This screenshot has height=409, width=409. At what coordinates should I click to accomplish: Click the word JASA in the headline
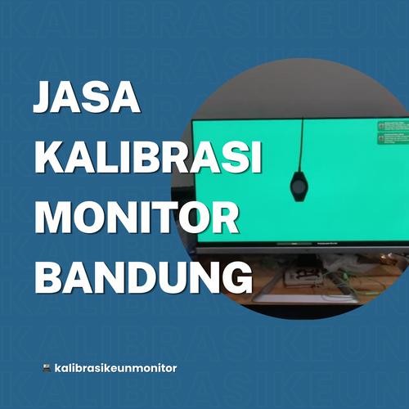coord(87,100)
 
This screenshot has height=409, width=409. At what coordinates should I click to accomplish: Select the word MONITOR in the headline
coord(138,216)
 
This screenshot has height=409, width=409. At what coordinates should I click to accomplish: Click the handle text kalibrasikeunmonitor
coord(115,367)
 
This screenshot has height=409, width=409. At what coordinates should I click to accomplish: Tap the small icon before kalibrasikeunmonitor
coord(46,367)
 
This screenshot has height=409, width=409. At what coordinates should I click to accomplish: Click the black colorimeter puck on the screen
coord(300,186)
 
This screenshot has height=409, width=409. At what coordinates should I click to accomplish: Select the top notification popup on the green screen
coord(392,126)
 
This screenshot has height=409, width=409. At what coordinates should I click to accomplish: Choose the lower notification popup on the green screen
coord(392,138)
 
